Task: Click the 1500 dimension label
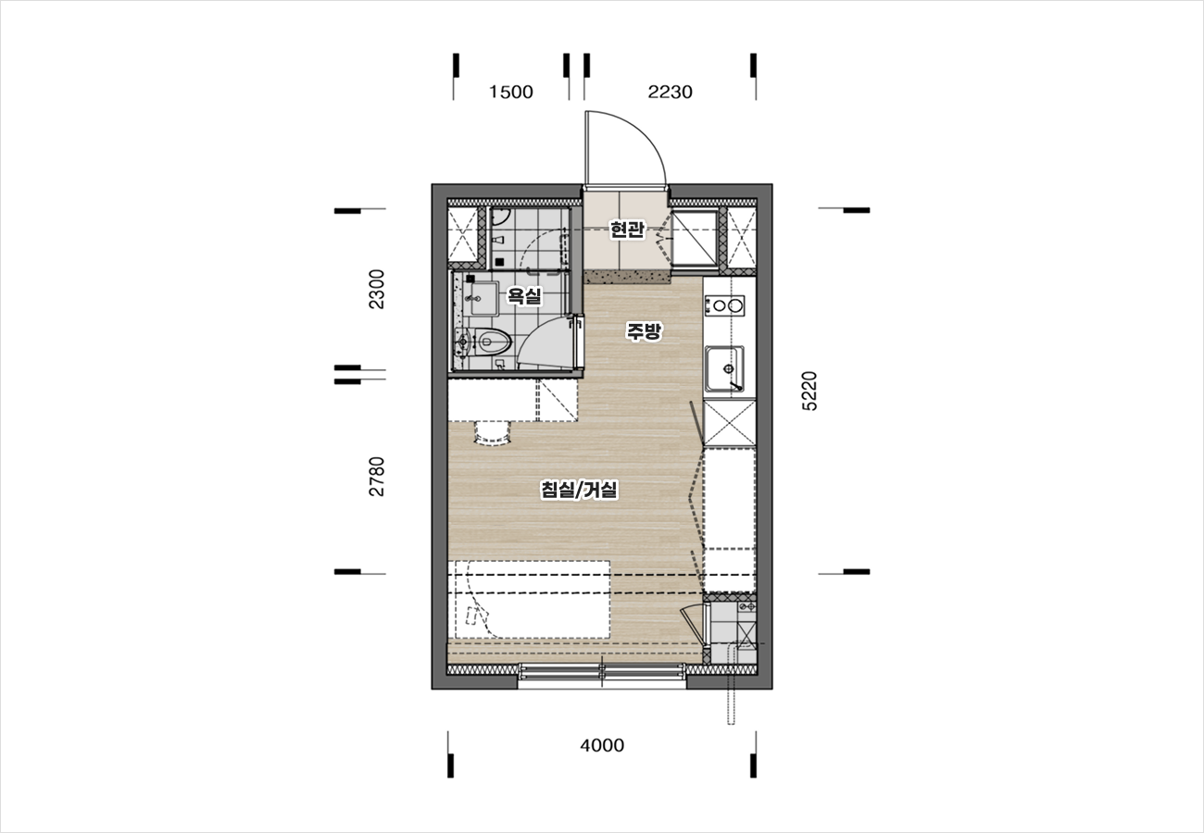point(510,93)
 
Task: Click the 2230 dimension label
point(670,93)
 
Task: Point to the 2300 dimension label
point(377,289)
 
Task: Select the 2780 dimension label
point(377,477)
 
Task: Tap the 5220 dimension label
point(809,391)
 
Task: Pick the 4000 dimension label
point(602,745)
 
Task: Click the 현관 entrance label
point(627,230)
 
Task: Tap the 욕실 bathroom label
point(524,295)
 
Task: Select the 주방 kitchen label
point(644,330)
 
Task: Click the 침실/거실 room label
point(579,490)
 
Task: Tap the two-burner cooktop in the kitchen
point(724,306)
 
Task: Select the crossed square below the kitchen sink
point(730,423)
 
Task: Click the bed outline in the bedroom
point(533,600)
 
